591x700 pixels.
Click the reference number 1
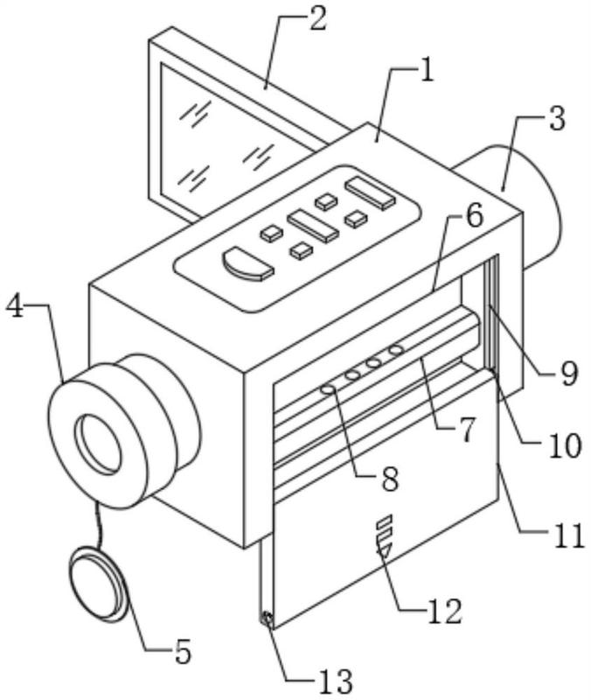coord(427,72)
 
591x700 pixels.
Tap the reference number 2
coord(317,18)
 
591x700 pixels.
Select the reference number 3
coord(557,118)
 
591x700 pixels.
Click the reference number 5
coord(182,650)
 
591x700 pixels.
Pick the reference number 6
coord(473,214)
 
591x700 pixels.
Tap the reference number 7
coord(466,430)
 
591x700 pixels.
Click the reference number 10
coord(565,445)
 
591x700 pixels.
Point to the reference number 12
coord(445,611)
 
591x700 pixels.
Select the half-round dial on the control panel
coord(248,265)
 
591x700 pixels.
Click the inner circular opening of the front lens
coord(99,444)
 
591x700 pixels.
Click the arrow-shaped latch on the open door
coord(384,535)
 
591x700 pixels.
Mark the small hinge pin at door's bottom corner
coord(268,619)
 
